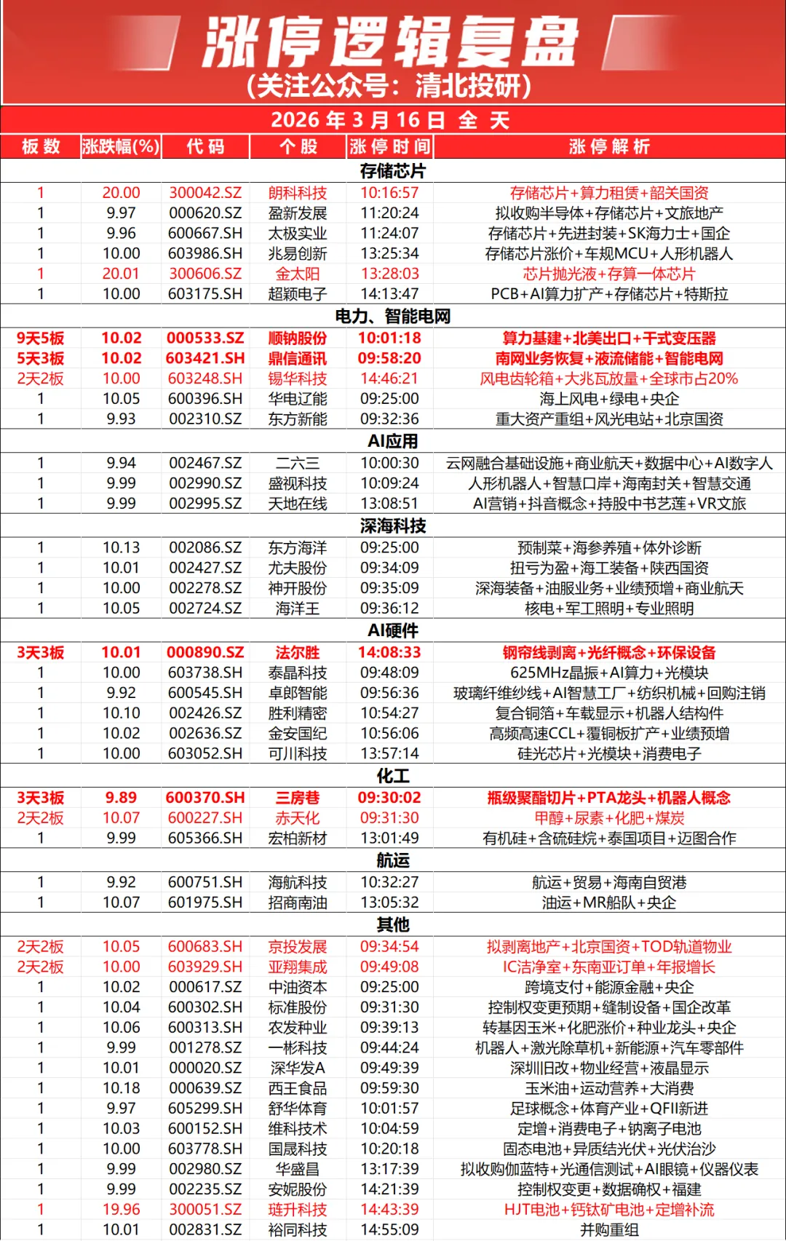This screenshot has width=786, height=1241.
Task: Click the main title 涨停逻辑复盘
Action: click(391, 42)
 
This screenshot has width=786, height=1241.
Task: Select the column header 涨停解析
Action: click(609, 146)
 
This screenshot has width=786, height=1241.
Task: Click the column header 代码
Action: click(205, 146)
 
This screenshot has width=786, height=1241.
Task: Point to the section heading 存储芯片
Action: click(392, 171)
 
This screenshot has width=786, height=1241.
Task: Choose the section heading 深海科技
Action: click(392, 526)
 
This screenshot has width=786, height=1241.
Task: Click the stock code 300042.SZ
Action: click(205, 193)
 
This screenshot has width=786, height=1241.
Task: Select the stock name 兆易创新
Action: click(298, 253)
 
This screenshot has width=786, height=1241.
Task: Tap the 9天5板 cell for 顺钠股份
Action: click(41, 338)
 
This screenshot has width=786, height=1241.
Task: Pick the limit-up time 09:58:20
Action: click(389, 358)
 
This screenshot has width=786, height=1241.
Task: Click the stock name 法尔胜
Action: click(298, 652)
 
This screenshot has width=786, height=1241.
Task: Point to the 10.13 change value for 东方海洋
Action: click(121, 547)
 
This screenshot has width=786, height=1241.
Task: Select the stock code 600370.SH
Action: click(205, 798)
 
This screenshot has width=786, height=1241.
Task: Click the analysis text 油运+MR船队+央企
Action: click(609, 903)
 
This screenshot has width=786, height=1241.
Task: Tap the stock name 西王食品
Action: click(298, 1088)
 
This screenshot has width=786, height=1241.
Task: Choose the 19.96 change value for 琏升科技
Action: click(121, 1210)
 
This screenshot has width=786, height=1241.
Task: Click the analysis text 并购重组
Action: click(609, 1230)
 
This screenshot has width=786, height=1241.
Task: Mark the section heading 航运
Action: click(392, 860)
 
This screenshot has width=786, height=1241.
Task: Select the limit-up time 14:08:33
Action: click(389, 652)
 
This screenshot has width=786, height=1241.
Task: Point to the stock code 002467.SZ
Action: click(205, 463)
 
